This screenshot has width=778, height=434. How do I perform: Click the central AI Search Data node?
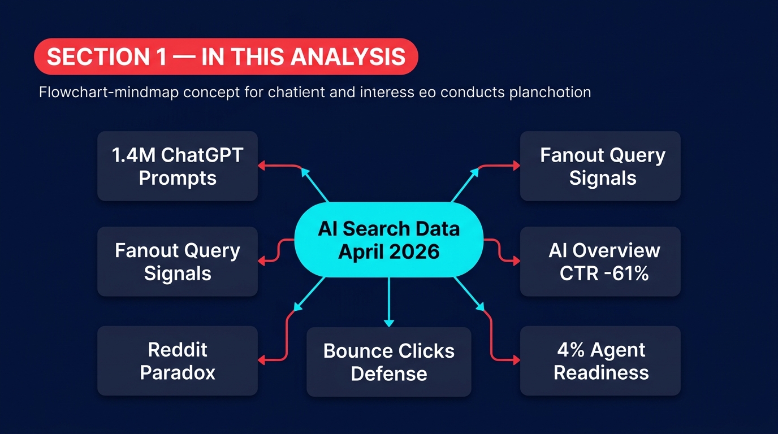389,240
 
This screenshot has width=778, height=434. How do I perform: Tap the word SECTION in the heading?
97,57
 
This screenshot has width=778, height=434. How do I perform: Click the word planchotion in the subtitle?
550,92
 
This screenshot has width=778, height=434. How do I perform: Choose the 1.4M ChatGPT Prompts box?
178,166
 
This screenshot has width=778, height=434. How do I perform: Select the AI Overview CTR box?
600,262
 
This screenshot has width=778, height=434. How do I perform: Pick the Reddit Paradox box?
178,361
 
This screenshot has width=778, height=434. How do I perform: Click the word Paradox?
178,373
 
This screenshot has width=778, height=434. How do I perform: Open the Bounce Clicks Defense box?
389,362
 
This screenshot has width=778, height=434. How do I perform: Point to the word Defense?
389,374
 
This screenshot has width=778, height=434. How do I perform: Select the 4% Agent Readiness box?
600,361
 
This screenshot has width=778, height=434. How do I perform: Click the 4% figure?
570,350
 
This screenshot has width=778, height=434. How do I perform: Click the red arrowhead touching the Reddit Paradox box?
262,359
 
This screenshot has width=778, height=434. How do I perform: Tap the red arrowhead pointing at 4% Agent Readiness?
516,359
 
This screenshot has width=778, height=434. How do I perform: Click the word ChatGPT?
202,155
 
